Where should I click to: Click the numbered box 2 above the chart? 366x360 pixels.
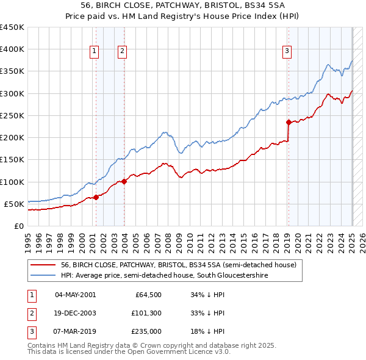coord(123,52)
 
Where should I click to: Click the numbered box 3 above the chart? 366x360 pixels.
coord(286,52)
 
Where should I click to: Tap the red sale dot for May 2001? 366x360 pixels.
coord(96,197)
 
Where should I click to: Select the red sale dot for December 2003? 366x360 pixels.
coord(124,181)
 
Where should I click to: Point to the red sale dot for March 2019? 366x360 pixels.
coord(289,122)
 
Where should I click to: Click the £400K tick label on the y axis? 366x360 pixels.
coord(12,49)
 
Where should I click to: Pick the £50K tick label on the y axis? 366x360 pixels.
coord(14,204)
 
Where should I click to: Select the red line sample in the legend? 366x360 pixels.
coord(43,265)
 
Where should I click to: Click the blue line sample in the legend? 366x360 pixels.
coord(43,276)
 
